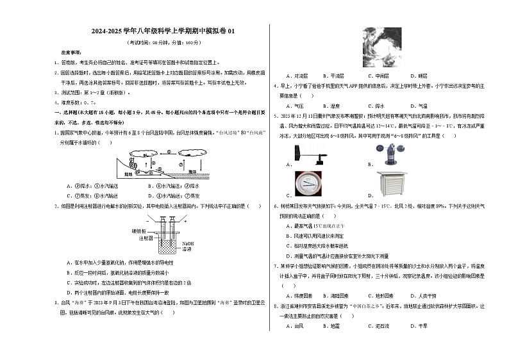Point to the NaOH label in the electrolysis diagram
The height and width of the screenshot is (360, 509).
[188, 243]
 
